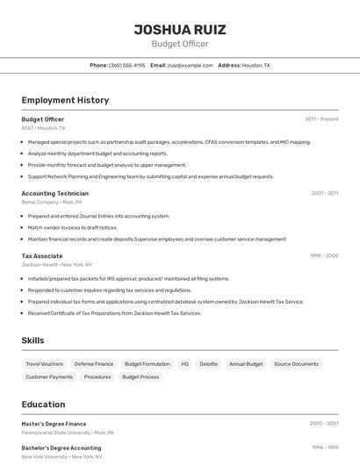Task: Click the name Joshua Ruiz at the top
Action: (x=179, y=29)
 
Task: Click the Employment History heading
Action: (x=65, y=100)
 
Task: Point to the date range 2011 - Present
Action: (x=321, y=119)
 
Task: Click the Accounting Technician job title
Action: (x=54, y=193)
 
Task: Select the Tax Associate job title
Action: (x=42, y=256)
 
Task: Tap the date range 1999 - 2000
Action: (x=324, y=256)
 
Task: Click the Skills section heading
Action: (x=32, y=340)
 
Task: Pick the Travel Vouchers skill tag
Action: (x=44, y=363)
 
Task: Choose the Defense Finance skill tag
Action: (x=94, y=363)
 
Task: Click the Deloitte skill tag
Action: (x=209, y=363)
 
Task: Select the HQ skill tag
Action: (x=185, y=363)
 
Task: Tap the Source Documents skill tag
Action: (x=296, y=363)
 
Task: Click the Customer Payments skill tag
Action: (x=49, y=376)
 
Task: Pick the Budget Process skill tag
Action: (x=140, y=376)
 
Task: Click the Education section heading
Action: (x=43, y=404)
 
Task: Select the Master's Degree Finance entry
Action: (x=54, y=424)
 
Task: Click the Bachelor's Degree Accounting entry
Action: (x=61, y=447)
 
